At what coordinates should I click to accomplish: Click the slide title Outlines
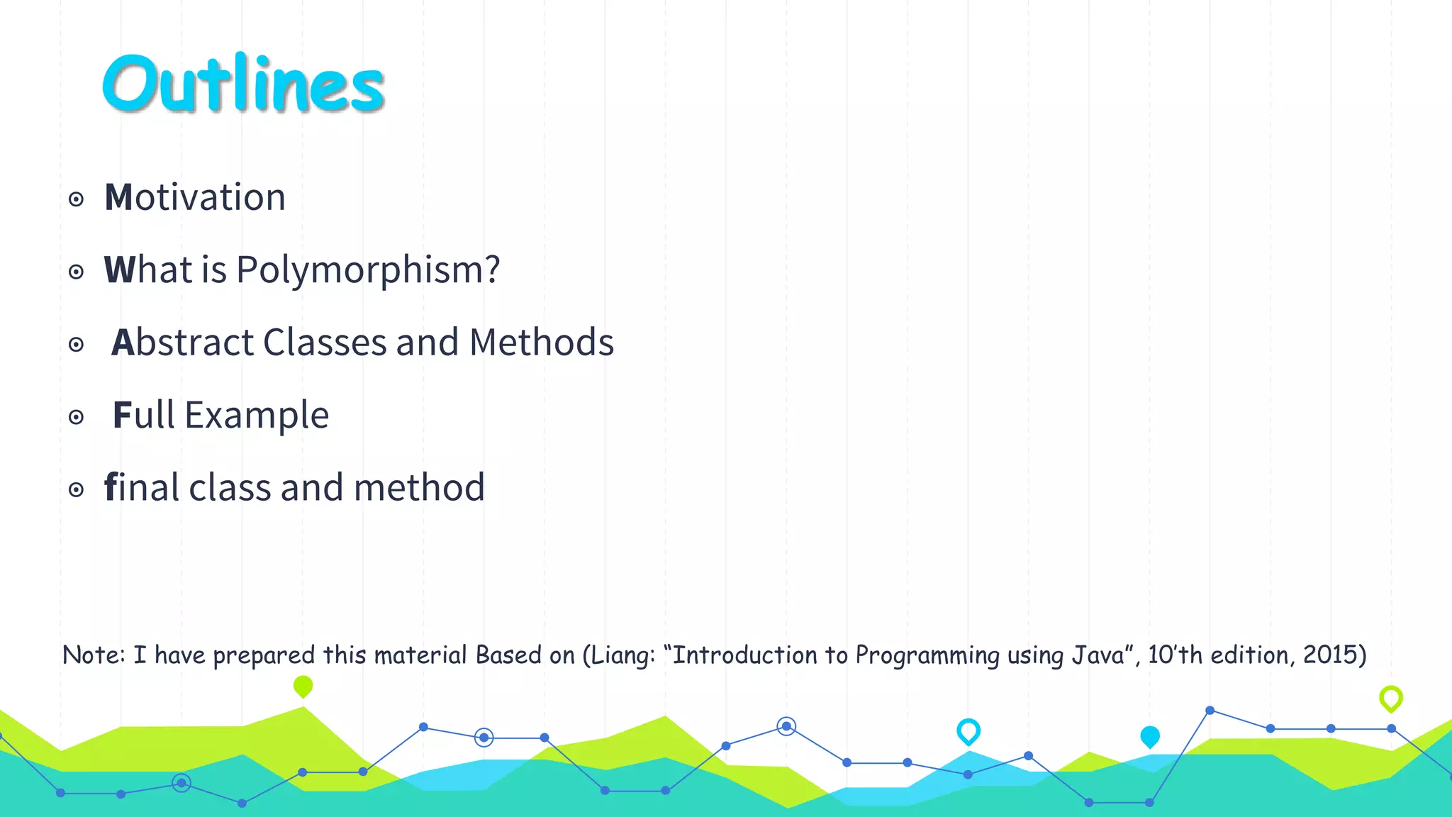(x=243, y=84)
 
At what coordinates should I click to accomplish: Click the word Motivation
(x=195, y=197)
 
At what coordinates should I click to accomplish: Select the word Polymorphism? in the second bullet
(x=368, y=270)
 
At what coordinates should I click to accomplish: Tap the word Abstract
(x=183, y=343)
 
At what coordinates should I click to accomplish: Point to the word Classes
(x=325, y=343)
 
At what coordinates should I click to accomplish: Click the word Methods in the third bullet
(x=542, y=343)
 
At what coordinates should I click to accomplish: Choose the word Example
(x=257, y=416)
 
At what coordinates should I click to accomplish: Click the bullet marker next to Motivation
(x=77, y=199)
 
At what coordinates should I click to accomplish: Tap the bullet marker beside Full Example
(x=77, y=417)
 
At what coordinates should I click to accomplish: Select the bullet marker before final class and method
(x=77, y=489)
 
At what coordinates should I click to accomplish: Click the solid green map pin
(x=303, y=686)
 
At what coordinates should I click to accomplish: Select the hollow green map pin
(x=1391, y=699)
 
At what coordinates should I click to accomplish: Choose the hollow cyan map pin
(x=968, y=731)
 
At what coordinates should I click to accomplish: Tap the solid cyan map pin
(x=1150, y=737)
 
